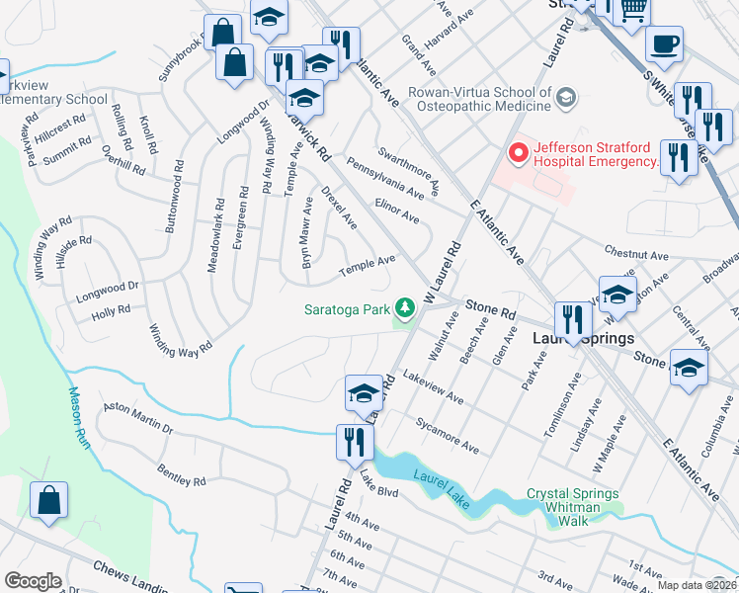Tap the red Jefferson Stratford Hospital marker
pos(515,153)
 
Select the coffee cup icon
pos(663,44)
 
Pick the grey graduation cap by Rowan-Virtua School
pos(566,97)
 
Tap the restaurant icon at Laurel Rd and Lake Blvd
pos(354,441)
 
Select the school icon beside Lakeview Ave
pos(364,393)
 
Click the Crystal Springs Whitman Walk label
pos(572,500)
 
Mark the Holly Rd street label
pos(111,311)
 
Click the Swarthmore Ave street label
pos(407,174)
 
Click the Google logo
pos(33,581)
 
